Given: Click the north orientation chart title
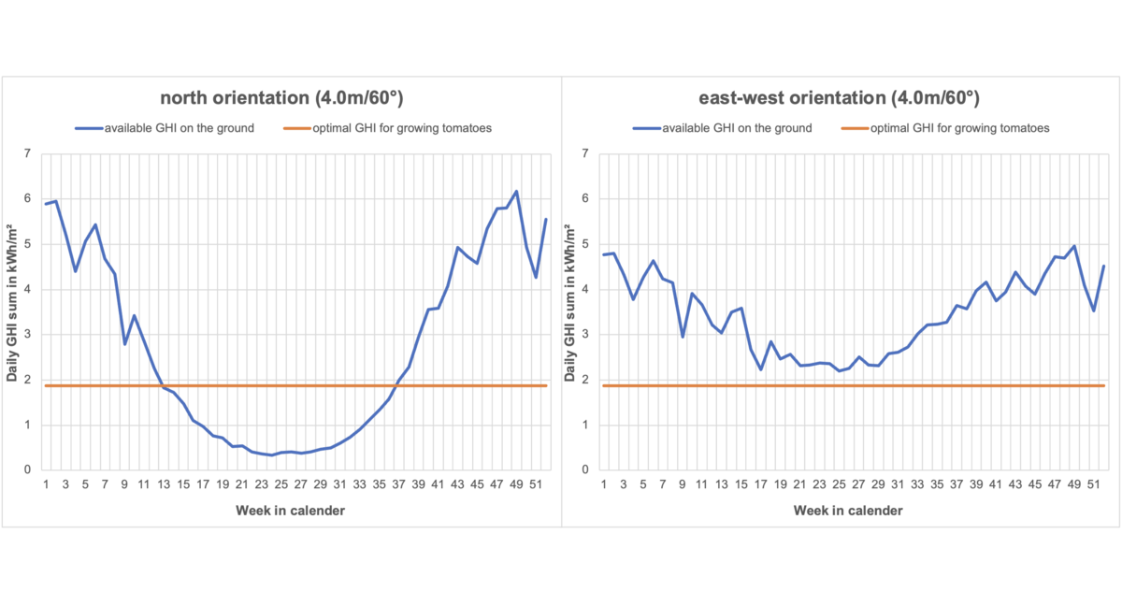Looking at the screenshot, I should [x=281, y=97].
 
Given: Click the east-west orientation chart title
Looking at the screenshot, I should [x=839, y=97].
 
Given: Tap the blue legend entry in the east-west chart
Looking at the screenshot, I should [x=724, y=128].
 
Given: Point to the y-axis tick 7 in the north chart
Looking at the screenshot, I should [x=27, y=153].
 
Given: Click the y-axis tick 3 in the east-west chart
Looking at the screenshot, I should [x=584, y=335].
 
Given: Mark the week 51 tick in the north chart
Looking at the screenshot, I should [x=535, y=483].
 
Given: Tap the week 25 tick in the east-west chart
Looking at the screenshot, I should [x=839, y=483].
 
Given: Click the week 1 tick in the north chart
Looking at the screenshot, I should [x=45, y=483].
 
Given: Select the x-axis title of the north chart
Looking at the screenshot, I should [x=291, y=511].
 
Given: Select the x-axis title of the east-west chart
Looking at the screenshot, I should [x=848, y=511].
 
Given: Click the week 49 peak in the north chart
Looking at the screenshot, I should [x=516, y=192].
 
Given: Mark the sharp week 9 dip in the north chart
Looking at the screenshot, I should [x=124, y=344].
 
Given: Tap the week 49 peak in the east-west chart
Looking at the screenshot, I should [x=1074, y=246].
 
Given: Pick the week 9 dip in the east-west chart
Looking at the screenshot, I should [x=683, y=337].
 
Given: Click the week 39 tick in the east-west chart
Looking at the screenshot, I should [x=976, y=483].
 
